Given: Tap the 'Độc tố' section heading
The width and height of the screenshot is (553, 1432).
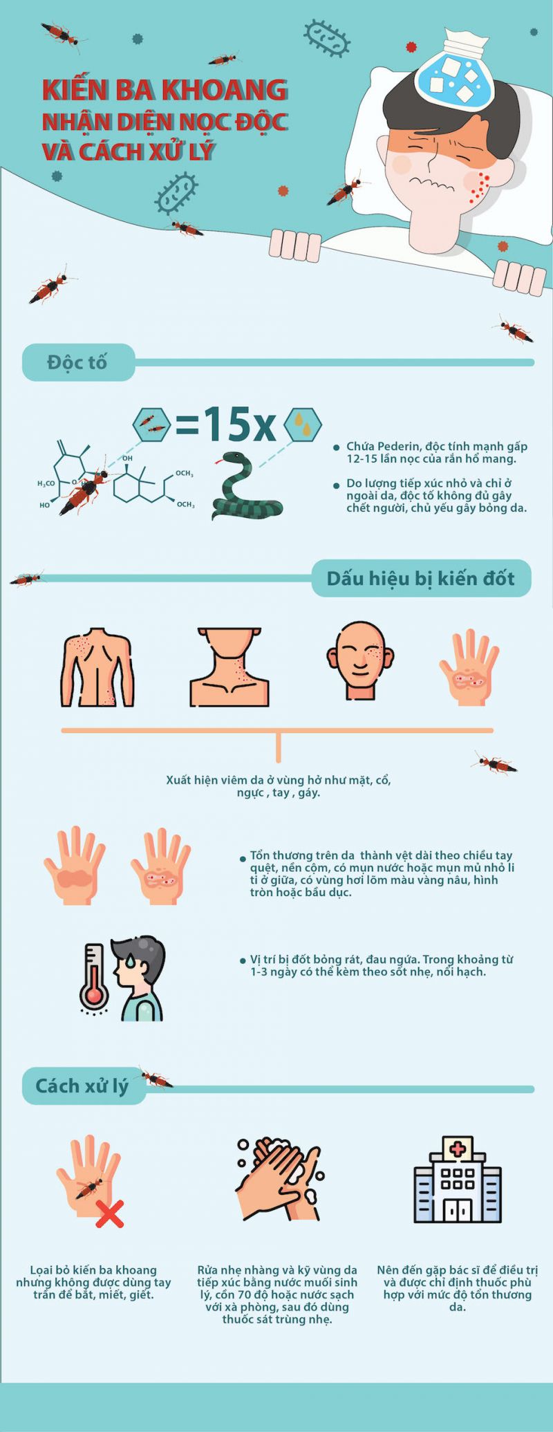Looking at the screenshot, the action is tap(77, 362).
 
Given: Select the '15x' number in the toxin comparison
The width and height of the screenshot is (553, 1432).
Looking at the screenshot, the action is tap(239, 424).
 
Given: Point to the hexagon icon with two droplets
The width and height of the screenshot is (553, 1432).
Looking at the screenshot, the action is tap(303, 424).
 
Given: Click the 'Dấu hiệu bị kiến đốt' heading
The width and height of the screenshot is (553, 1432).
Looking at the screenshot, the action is tap(420, 578).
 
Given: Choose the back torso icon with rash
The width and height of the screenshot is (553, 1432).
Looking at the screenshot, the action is tap(97, 667).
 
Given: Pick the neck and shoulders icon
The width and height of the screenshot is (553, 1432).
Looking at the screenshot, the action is tap(229, 667).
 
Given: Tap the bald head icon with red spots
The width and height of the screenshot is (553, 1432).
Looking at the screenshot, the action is tap(359, 661).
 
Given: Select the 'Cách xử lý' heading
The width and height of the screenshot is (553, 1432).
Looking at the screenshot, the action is tap(82, 1086).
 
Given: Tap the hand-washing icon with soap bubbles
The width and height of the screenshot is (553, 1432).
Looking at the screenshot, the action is tap(280, 1179).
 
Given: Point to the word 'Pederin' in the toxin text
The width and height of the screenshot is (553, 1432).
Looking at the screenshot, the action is tap(395, 447).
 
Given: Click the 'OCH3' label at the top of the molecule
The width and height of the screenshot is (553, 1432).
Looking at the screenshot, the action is tap(185, 474).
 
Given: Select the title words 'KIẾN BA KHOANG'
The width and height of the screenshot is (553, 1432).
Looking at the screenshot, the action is tap(165, 90).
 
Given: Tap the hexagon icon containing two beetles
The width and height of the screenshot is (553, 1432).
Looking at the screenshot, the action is tap(151, 424).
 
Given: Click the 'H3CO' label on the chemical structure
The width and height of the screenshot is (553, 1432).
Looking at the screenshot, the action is tap(46, 483).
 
